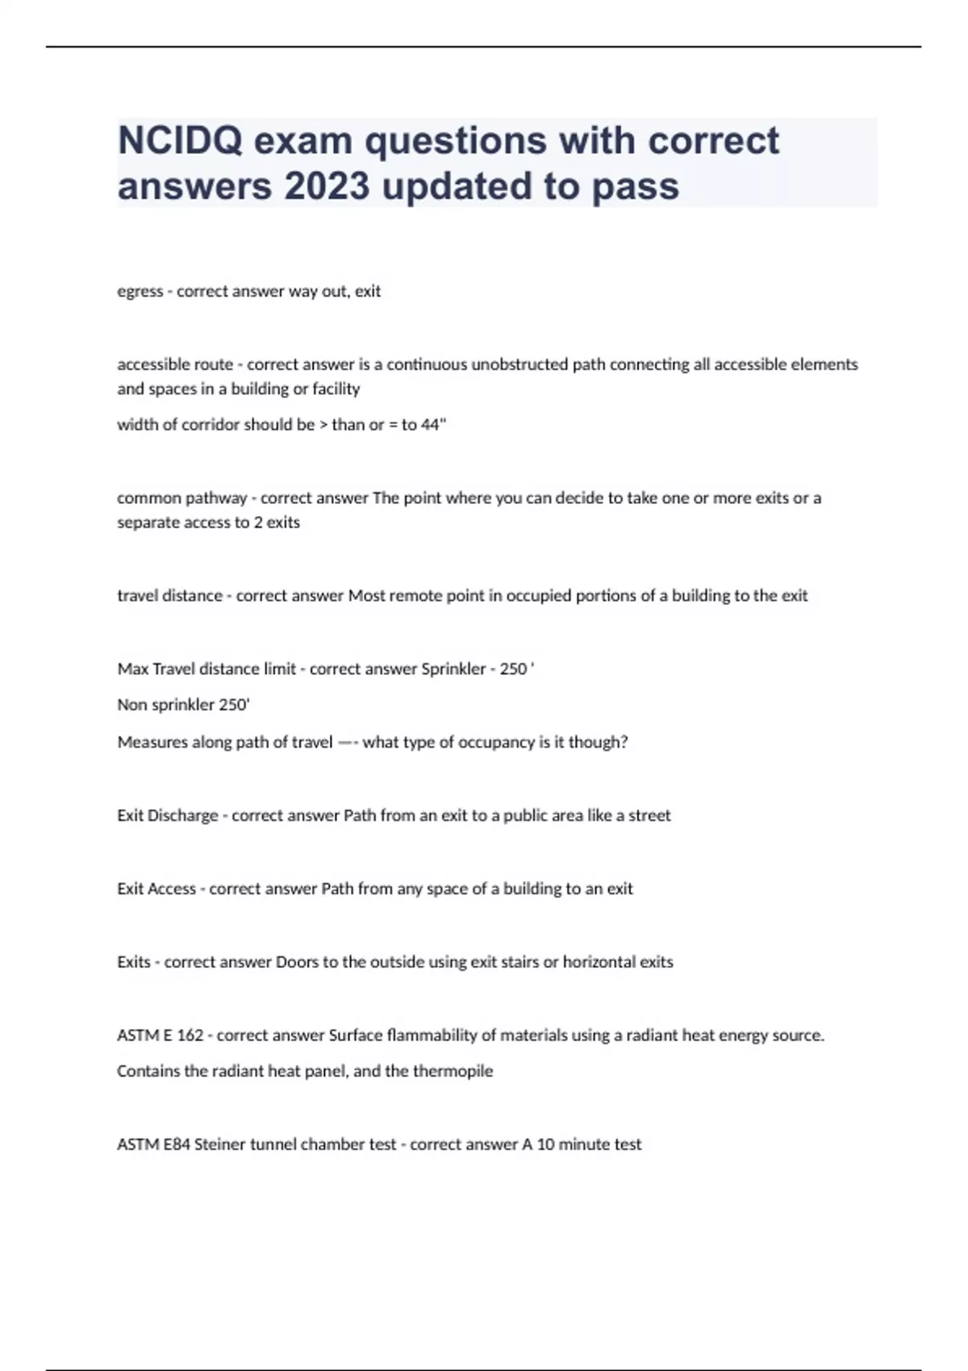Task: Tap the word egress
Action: click(x=140, y=291)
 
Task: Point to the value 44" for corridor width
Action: click(x=433, y=425)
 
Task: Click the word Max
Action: click(x=132, y=669)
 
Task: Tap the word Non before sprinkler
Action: click(x=131, y=705)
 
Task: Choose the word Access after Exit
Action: click(x=170, y=889)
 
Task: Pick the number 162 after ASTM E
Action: click(x=190, y=1036)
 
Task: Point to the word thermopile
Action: click(x=453, y=1072)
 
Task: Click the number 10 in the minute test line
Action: click(x=546, y=1144)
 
